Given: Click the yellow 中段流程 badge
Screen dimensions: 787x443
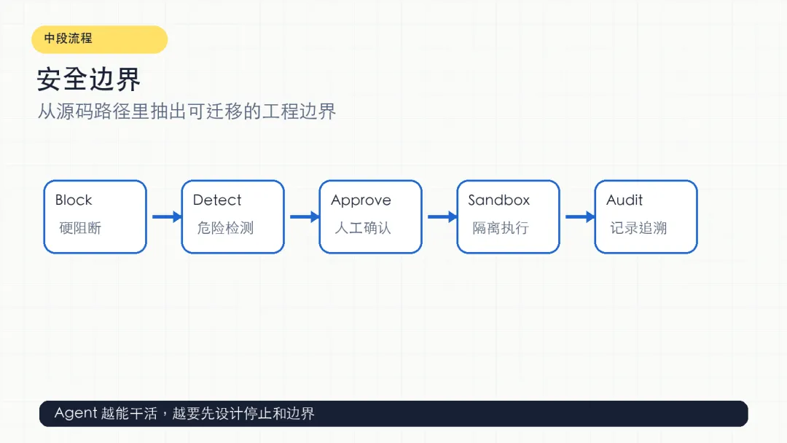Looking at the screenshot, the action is [x=99, y=39].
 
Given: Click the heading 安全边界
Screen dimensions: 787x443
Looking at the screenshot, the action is [x=89, y=79].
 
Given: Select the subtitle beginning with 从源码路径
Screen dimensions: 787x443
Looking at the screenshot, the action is [x=187, y=111].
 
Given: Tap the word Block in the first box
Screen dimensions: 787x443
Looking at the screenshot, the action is [x=74, y=200].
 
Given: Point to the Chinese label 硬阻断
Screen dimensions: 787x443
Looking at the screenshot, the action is [x=80, y=228].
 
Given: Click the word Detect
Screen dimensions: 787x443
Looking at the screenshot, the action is [x=217, y=200].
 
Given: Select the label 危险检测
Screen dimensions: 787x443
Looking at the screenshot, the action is [x=225, y=228].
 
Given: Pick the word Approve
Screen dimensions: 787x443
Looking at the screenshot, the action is [x=361, y=200].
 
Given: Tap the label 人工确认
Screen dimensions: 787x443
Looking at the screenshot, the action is [x=363, y=228].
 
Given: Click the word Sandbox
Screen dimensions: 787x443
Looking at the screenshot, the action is [x=499, y=200].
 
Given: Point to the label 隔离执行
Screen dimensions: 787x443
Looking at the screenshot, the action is [x=501, y=228].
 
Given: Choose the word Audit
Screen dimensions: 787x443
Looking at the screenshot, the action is [x=624, y=200].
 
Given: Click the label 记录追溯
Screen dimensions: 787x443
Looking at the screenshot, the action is [x=638, y=228].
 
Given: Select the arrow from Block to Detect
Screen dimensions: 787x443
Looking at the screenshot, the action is [x=167, y=216].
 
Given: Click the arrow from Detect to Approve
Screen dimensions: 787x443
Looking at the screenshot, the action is [x=305, y=216].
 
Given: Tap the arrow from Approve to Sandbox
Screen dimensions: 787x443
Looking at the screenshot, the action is [x=443, y=216].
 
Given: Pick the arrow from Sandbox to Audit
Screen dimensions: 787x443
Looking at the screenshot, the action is [x=580, y=216].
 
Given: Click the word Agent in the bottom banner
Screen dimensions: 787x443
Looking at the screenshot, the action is [x=76, y=413].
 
